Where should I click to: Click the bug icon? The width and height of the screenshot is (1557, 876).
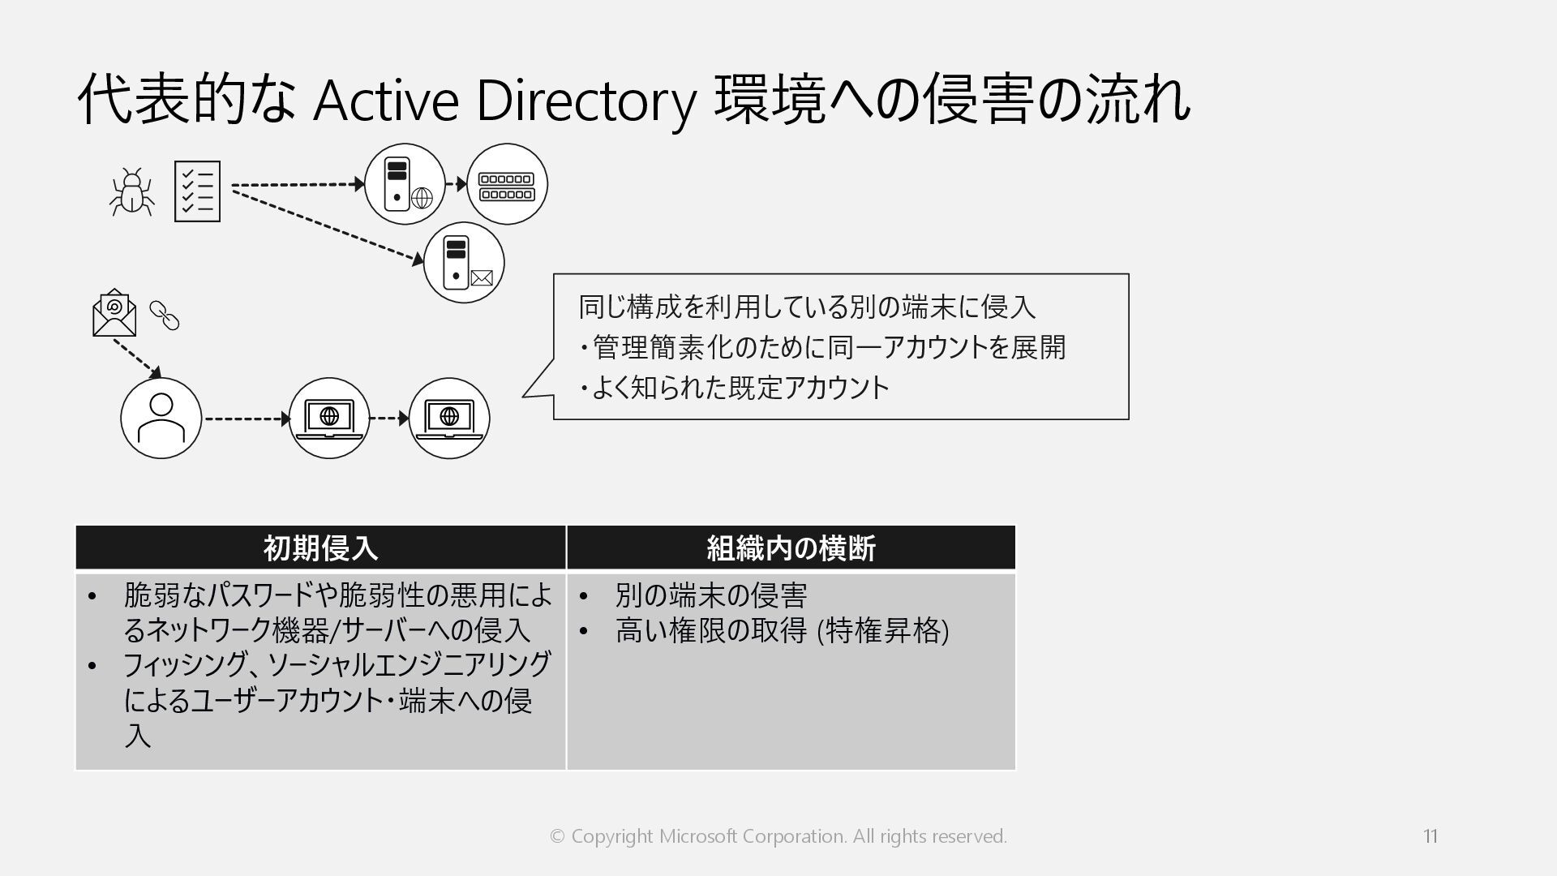[131, 192]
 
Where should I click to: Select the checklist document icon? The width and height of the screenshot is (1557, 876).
[197, 191]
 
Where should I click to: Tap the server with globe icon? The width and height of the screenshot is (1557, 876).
[405, 184]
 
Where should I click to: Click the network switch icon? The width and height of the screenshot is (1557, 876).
[507, 185]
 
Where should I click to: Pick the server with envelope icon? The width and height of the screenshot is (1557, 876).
[464, 262]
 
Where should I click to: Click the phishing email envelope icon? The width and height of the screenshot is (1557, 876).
[114, 313]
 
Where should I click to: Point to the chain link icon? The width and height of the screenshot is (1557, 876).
[165, 316]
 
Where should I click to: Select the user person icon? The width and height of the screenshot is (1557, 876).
[161, 419]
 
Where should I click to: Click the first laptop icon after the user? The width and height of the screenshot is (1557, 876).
[329, 419]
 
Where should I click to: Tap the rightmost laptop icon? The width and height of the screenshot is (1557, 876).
[448, 419]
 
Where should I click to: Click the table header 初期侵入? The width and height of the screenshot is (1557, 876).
[320, 548]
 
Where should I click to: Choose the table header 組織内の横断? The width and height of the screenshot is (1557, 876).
[791, 548]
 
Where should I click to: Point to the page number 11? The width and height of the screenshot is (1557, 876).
[1430, 835]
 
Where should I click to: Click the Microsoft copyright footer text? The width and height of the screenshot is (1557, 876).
[778, 835]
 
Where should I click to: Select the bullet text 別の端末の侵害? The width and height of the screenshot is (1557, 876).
[711, 595]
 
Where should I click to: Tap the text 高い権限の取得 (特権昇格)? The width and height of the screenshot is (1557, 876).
[782, 630]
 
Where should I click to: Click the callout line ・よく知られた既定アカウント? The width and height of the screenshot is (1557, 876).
[735, 388]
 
